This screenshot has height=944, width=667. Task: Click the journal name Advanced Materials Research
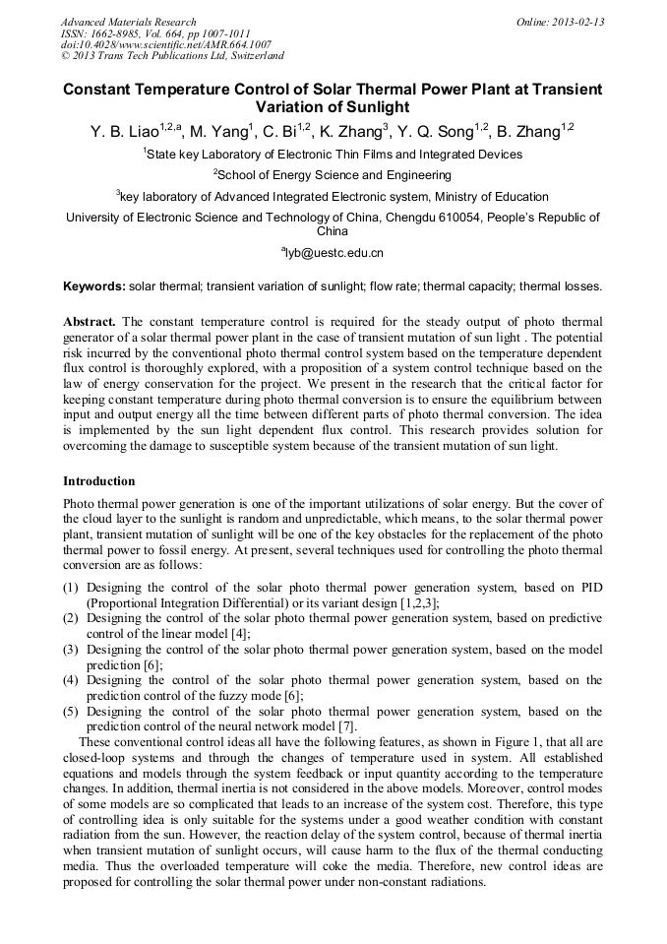click(x=129, y=22)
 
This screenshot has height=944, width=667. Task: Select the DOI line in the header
click(x=166, y=44)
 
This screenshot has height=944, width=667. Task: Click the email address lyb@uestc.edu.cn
click(x=334, y=253)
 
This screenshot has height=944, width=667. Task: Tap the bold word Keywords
click(x=93, y=286)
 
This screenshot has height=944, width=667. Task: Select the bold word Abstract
click(x=90, y=322)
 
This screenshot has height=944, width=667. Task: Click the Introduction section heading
click(x=98, y=481)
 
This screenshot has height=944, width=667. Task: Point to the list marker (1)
click(x=71, y=588)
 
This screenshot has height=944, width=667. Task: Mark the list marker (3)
click(x=71, y=650)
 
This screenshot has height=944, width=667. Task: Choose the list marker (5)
click(x=71, y=712)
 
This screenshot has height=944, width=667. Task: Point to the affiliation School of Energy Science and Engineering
click(x=333, y=175)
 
